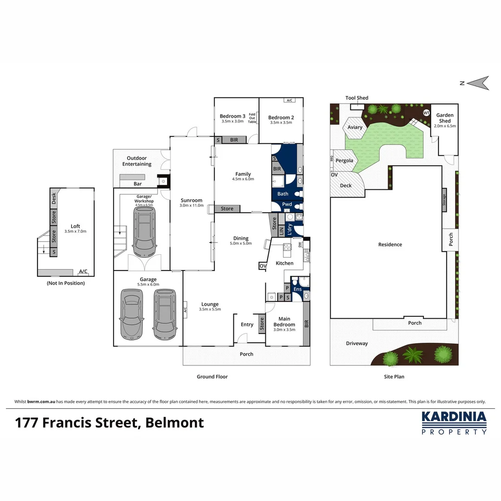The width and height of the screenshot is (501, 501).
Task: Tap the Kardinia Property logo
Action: point(454,423)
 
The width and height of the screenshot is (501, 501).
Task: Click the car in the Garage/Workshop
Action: point(144,231)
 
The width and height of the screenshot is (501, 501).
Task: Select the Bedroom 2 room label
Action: point(281,118)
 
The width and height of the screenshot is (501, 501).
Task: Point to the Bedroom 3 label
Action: point(232,116)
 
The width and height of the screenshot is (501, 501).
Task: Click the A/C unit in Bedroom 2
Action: point(289,100)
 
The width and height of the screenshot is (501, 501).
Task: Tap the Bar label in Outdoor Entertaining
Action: point(138,184)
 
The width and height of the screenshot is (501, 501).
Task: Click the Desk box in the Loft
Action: point(53,199)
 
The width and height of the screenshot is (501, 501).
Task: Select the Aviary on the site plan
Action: point(355,127)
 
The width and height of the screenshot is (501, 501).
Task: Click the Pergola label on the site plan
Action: point(345,161)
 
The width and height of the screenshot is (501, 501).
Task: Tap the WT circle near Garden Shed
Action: point(426,113)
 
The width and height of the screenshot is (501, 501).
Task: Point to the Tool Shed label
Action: point(357,98)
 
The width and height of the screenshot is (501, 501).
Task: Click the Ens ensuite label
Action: point(297,289)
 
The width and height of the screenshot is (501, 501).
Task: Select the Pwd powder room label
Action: point(287,204)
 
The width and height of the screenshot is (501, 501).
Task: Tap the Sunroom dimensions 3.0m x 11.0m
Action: point(192,205)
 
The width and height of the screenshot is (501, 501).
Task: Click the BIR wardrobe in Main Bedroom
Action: point(306,324)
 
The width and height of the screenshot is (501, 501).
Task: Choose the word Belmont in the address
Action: point(174,423)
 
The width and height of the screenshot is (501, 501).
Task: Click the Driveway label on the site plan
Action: point(357,343)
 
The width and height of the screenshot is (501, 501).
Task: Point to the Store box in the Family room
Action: point(227,209)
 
